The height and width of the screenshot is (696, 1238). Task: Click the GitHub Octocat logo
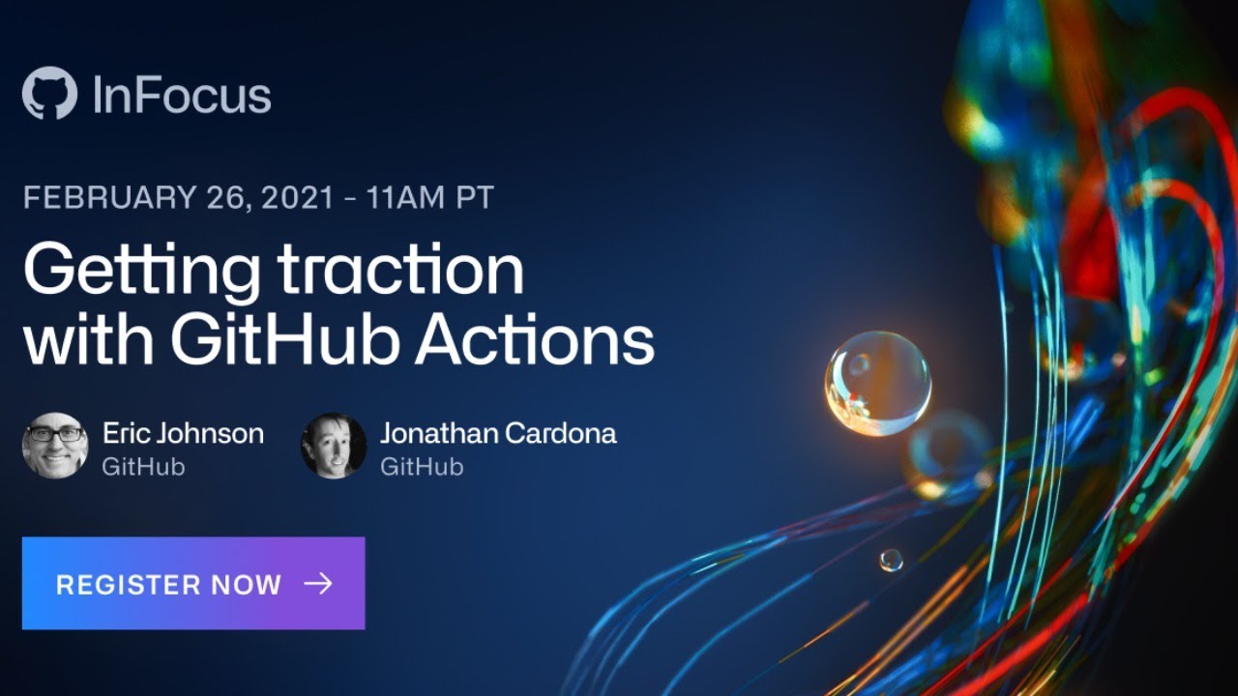pyautogui.click(x=49, y=94)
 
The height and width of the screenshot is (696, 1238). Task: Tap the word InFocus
pyautogui.click(x=182, y=95)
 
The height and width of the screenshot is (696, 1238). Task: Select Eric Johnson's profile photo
pyautogui.click(x=55, y=446)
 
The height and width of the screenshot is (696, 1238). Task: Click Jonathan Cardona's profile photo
pyautogui.click(x=334, y=446)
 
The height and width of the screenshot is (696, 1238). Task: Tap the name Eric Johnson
pyautogui.click(x=183, y=433)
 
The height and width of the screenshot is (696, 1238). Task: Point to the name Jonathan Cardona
pyautogui.click(x=498, y=433)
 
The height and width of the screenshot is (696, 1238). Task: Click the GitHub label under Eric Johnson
pyautogui.click(x=143, y=466)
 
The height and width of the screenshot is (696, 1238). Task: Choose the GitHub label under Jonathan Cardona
pyautogui.click(x=422, y=466)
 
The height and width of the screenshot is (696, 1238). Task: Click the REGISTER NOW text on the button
pyautogui.click(x=168, y=584)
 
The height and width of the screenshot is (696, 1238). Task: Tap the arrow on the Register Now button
pyautogui.click(x=317, y=583)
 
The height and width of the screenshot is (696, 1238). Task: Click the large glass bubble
pyautogui.click(x=877, y=384)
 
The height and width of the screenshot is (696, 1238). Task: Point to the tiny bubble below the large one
pyautogui.click(x=891, y=560)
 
